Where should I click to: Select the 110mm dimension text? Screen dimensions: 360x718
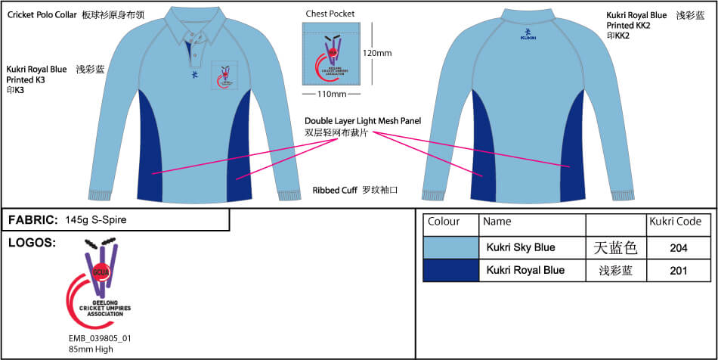[x=331, y=94]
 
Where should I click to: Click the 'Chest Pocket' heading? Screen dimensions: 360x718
[x=330, y=14]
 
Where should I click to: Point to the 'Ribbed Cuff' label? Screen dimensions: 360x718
[x=335, y=191]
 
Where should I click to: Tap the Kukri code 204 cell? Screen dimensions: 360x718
[x=679, y=247]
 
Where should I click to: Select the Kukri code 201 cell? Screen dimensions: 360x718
[x=679, y=271]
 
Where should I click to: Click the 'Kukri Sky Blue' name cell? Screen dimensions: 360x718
[x=521, y=247]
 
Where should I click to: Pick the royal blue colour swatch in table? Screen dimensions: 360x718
[x=451, y=271]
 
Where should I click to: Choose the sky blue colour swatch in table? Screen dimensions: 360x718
[x=451, y=247]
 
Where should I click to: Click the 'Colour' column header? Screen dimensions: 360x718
[x=444, y=222]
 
